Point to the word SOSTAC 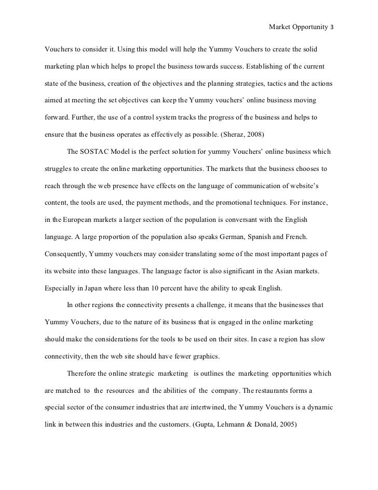click(x=96, y=152)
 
